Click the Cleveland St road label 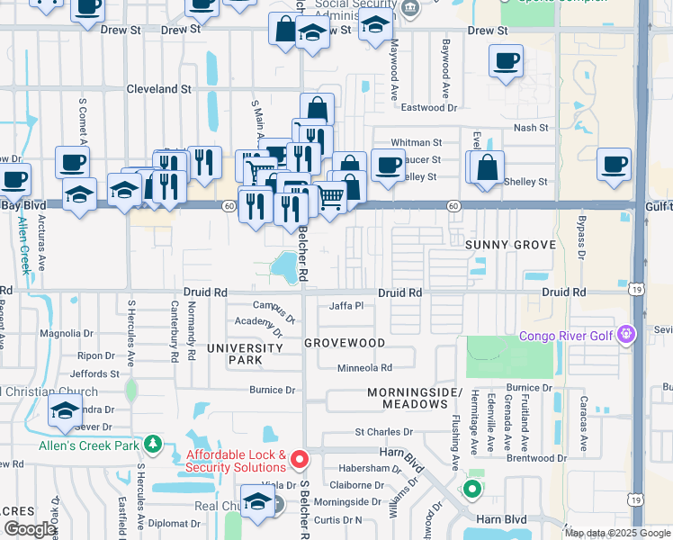[158, 90]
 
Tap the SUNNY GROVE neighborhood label [512, 245]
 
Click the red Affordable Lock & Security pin [300, 459]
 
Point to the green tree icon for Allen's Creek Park [153, 444]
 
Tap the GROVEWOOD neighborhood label [345, 343]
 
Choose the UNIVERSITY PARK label [245, 354]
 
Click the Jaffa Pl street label [346, 306]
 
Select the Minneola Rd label [364, 367]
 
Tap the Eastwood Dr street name [428, 108]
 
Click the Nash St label [531, 128]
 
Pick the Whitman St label [416, 142]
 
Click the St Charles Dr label [383, 432]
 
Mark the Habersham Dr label [369, 468]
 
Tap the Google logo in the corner [30, 529]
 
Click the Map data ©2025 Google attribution [616, 534]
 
